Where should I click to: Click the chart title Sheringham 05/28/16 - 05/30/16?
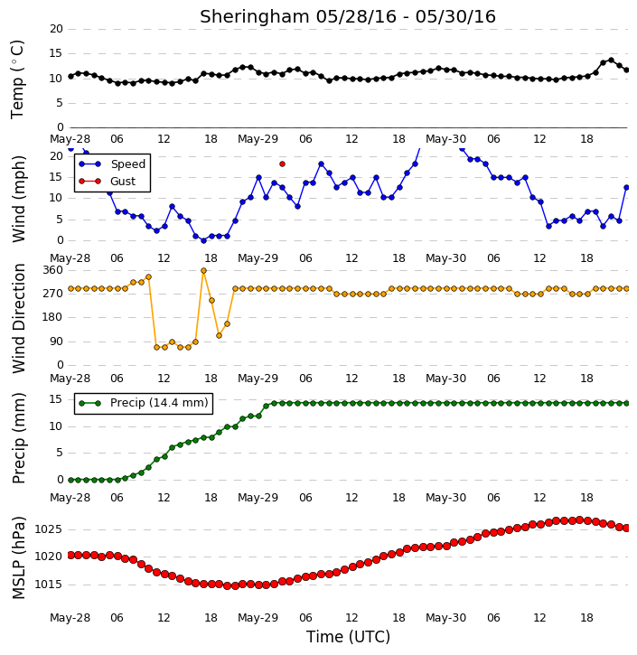click(x=348, y=17)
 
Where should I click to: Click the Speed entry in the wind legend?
click(x=112, y=164)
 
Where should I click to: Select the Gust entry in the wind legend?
click(x=108, y=182)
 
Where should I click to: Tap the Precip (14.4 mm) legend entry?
click(x=144, y=403)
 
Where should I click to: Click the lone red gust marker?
click(x=283, y=164)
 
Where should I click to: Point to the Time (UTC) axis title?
click(x=348, y=637)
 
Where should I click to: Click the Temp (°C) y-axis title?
click(x=17, y=80)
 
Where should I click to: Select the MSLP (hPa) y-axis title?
click(x=19, y=558)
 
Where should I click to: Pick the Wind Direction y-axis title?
click(x=19, y=318)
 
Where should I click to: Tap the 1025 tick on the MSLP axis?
click(x=48, y=529)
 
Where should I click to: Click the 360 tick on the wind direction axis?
click(x=53, y=270)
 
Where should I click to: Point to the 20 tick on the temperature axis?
click(x=56, y=29)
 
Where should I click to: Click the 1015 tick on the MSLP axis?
click(x=48, y=585)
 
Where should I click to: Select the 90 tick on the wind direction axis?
click(x=56, y=342)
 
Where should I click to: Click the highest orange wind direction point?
click(x=204, y=271)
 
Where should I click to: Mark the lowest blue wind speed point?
click(x=204, y=240)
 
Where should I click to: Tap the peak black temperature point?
click(x=611, y=61)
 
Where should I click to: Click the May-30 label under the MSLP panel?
click(x=445, y=617)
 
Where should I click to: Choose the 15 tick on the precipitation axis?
click(x=56, y=399)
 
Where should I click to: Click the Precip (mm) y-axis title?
click(x=19, y=438)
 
